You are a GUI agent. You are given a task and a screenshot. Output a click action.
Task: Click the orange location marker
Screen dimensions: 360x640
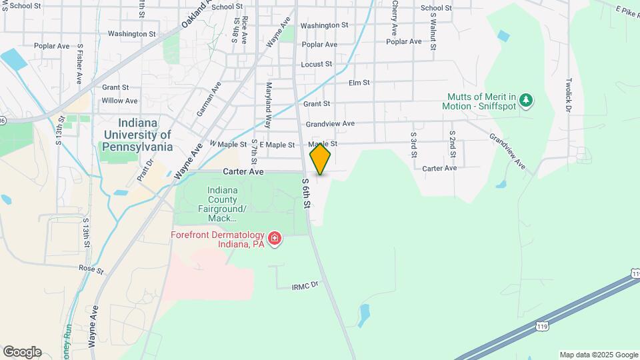click(321, 159)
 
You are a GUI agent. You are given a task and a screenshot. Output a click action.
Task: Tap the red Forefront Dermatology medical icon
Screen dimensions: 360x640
click(273, 238)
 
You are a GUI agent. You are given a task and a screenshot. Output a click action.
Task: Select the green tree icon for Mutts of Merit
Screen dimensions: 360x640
click(527, 100)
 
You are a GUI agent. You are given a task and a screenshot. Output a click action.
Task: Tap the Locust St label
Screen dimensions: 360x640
click(316, 64)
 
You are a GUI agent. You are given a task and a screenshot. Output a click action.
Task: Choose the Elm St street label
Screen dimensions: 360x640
click(359, 83)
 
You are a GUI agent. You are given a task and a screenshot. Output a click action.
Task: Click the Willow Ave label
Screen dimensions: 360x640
click(119, 101)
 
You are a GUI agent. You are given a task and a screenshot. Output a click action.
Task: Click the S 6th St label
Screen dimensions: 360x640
click(305, 193)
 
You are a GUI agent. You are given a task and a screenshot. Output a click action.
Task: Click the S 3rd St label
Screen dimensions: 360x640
click(413, 144)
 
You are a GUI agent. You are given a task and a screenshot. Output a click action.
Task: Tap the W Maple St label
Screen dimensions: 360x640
click(228, 144)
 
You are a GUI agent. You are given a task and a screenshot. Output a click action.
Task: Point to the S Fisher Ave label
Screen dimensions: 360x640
click(79, 64)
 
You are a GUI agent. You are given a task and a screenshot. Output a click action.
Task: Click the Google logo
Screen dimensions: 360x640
click(22, 352)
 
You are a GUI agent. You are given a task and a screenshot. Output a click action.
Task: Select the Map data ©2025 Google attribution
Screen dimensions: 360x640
click(599, 355)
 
